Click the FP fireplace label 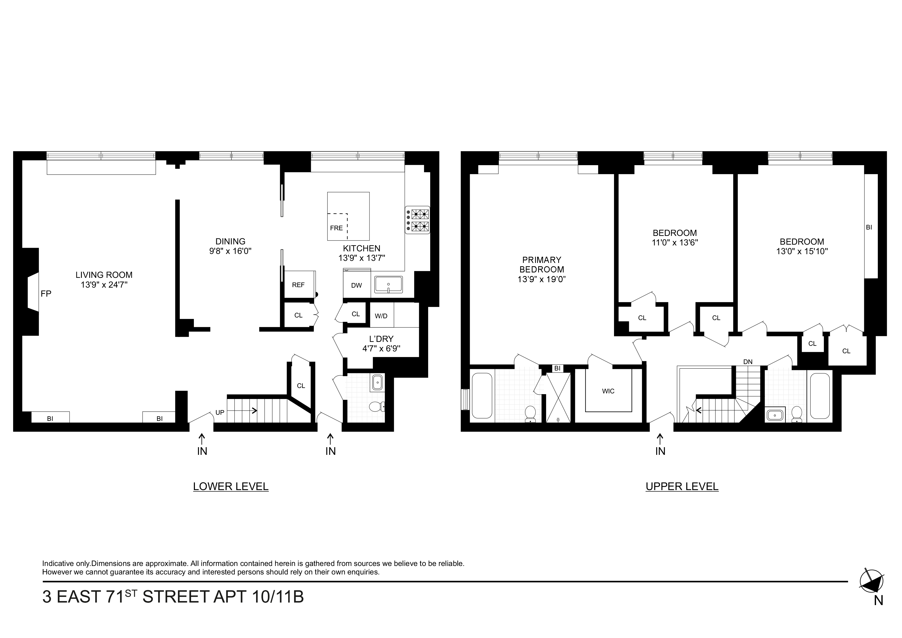click(x=46, y=294)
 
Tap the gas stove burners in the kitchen click(x=418, y=220)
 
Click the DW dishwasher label click(x=356, y=285)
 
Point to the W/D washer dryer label click(x=381, y=316)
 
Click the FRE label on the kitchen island click(x=336, y=228)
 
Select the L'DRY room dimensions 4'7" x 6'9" click(x=381, y=348)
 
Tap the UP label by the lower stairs click(x=220, y=413)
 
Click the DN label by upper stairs click(x=748, y=362)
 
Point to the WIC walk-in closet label click(x=608, y=391)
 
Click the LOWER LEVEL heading click(x=231, y=487)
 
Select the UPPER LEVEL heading click(x=682, y=487)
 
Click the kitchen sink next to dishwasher click(x=388, y=285)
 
